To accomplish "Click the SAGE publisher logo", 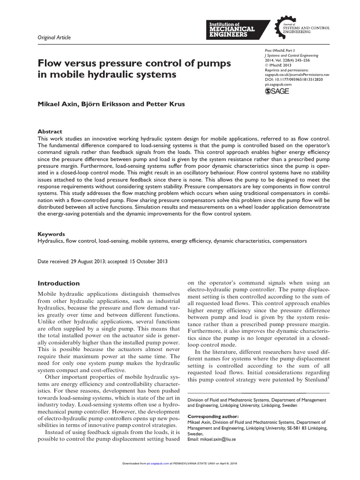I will pyautogui.click(x=277, y=91).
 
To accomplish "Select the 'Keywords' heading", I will pyautogui.click(x=51, y=234).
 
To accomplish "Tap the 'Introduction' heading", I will pyautogui.click(x=59, y=283).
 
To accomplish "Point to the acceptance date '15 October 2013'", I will pyautogui.click(x=147, y=262).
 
